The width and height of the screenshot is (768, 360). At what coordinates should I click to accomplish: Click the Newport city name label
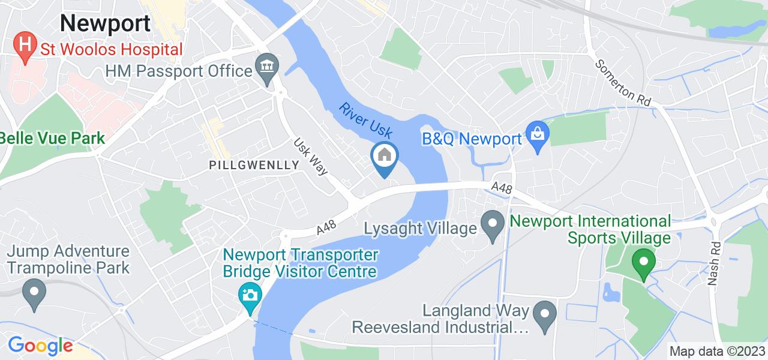105,23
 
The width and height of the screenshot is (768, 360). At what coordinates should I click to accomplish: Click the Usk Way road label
311,158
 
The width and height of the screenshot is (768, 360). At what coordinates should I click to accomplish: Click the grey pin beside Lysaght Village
493,227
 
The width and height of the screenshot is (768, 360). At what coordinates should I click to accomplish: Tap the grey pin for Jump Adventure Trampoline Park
34,293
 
